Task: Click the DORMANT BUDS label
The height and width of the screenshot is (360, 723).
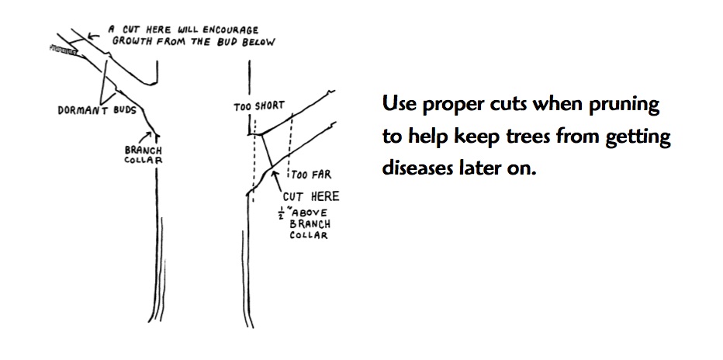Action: [97, 111]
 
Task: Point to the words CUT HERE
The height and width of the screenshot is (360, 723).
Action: [311, 197]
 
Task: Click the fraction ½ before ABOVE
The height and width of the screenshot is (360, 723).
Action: [280, 214]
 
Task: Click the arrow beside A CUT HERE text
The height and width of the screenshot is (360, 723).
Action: [94, 35]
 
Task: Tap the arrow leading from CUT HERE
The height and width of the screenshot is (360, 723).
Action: [278, 183]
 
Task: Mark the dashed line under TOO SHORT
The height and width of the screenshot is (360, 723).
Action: [254, 160]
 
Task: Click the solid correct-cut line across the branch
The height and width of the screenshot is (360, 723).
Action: [267, 151]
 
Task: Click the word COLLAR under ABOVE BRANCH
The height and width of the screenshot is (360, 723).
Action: [309, 236]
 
